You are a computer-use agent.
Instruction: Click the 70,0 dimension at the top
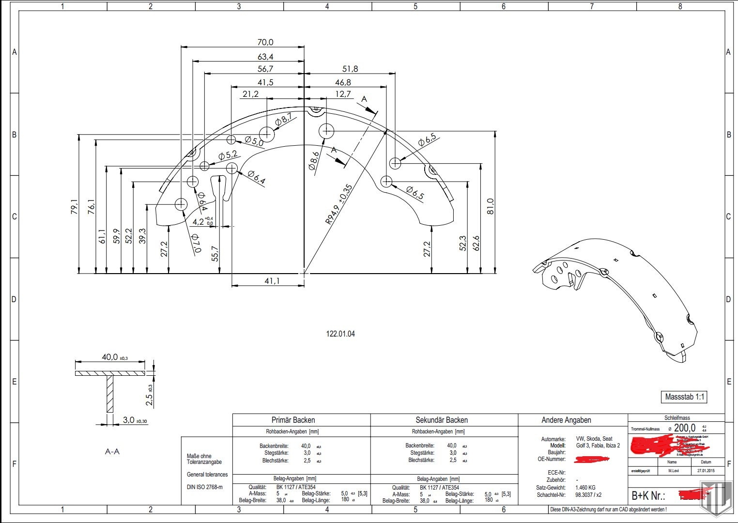(265, 43)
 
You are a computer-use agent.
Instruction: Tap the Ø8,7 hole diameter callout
(284, 119)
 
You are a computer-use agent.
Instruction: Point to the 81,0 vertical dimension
(491, 207)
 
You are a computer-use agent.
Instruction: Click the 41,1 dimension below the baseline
(272, 281)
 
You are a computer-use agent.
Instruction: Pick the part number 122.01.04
(340, 334)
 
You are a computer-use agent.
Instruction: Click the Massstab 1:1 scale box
(685, 397)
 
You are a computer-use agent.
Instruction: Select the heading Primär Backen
(293, 420)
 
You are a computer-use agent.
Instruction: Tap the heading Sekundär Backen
(442, 420)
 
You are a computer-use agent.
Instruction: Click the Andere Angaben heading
(566, 420)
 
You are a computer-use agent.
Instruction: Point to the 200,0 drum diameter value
(684, 428)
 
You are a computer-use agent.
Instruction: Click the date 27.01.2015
(706, 471)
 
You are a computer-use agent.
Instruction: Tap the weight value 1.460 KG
(585, 488)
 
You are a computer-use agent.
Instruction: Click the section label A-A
(112, 451)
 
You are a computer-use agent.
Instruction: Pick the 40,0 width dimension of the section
(110, 357)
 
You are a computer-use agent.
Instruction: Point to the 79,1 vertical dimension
(74, 207)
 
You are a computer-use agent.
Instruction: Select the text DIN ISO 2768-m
(205, 487)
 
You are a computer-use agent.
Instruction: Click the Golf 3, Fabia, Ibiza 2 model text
(598, 446)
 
